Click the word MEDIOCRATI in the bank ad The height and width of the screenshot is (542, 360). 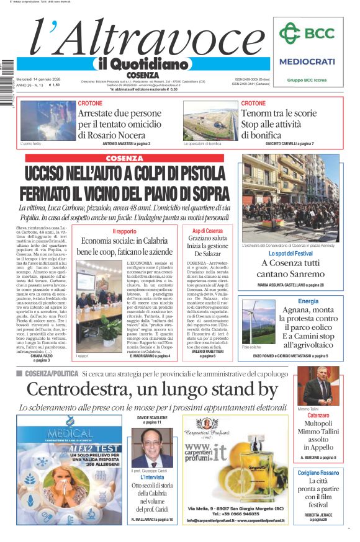(307, 61)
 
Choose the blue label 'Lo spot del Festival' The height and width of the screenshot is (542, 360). (290, 254)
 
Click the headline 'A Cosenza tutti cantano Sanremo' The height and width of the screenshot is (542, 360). (290, 269)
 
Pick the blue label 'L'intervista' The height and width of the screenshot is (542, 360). (152, 478)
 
